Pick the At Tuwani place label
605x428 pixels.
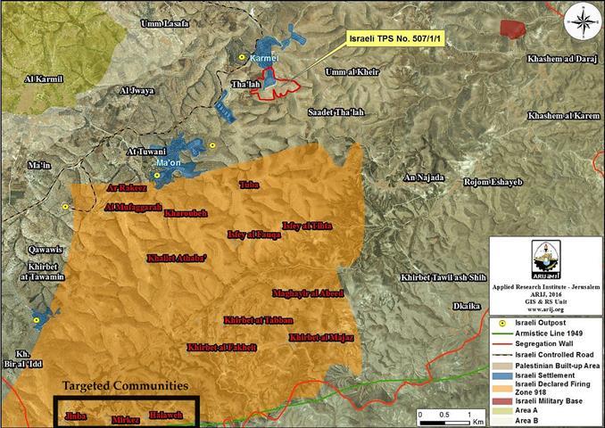pos(148,151)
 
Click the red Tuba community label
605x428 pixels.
pos(249,185)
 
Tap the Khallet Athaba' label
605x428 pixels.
pos(177,258)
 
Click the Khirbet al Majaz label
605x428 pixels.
pos(322,338)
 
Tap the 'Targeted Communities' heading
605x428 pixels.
pos(125,386)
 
